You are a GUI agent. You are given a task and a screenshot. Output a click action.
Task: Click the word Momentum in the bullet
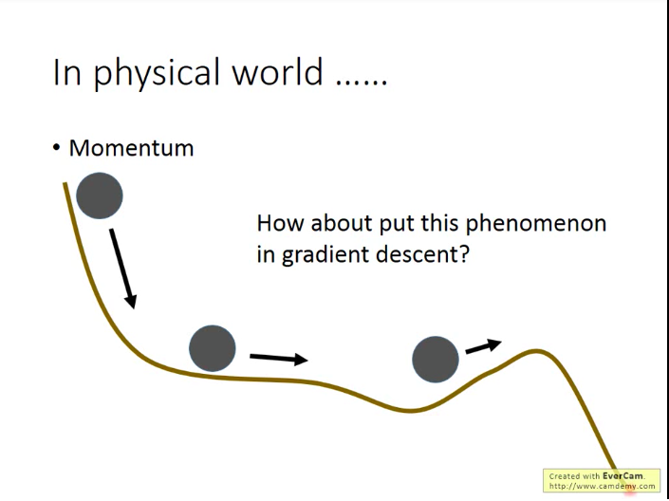point(131,148)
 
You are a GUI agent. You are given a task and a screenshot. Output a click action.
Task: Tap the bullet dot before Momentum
point(56,148)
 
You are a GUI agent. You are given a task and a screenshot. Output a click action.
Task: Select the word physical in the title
point(157,72)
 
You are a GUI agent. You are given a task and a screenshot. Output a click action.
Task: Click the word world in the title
point(277,71)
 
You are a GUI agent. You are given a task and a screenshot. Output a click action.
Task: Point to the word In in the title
point(66,72)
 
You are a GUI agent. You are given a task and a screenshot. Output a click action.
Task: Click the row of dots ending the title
point(362,82)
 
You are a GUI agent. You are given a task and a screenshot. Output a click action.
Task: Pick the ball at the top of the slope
point(100,195)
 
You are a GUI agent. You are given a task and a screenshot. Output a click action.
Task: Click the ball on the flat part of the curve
point(212,348)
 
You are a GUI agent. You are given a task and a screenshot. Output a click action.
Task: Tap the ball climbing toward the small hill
point(436,360)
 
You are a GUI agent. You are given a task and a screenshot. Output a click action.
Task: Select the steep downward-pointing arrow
point(122,268)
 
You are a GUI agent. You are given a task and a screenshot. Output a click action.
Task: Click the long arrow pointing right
point(279,358)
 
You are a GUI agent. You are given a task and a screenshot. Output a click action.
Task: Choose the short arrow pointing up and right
point(483,345)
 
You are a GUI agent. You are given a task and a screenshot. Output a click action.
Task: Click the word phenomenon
point(535,224)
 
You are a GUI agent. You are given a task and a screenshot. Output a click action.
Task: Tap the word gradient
point(325,254)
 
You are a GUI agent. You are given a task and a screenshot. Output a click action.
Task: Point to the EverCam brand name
point(623,476)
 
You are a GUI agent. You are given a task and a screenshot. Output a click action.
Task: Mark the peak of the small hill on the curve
point(536,351)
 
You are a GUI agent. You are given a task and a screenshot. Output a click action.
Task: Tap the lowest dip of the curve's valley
point(410,411)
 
